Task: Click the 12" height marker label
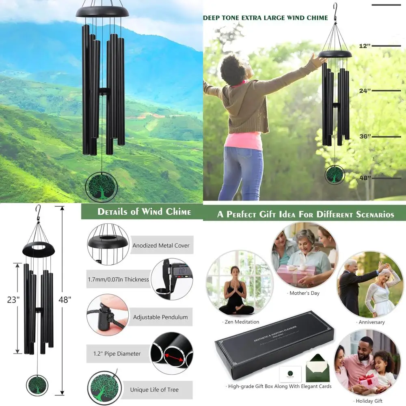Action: pos(365,46)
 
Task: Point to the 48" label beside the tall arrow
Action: pos(65,300)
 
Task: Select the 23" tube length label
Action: pos(13,300)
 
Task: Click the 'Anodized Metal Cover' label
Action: pos(161,246)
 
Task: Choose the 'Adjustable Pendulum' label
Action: pos(160,317)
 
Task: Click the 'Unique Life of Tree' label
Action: pos(154,390)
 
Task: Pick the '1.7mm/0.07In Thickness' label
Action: pos(119,279)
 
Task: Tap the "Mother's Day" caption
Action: pos(304,293)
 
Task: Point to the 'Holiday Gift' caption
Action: pos(369,401)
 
